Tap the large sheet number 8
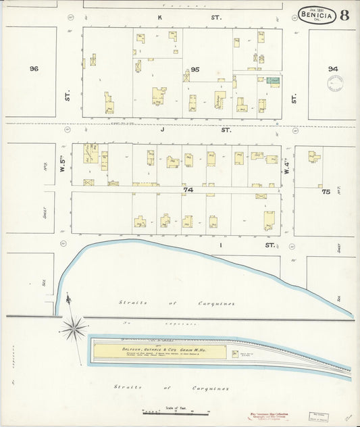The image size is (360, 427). tap(344, 15)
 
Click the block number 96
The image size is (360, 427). tap(34, 69)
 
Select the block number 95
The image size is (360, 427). tap(195, 70)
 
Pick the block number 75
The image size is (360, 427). tap(326, 191)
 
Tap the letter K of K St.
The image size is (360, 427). tap(161, 17)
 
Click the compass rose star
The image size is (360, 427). tap(73, 329)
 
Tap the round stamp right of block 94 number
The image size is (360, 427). tap(335, 82)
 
